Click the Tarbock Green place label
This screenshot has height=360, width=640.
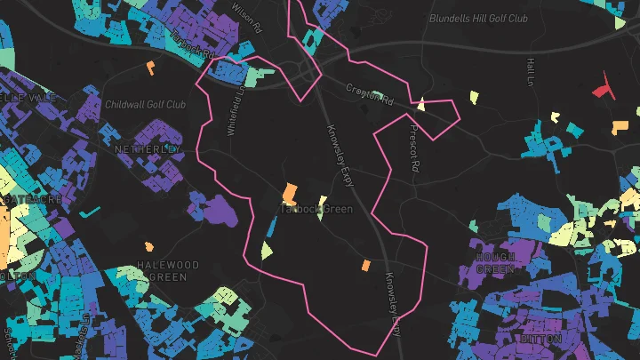(316, 210)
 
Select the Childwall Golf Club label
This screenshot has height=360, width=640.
(146, 105)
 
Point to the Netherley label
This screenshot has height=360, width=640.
(148, 149)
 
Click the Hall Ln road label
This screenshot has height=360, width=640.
(532, 73)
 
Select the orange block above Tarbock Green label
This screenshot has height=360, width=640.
(290, 193)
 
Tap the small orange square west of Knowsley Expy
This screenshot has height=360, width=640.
(365, 265)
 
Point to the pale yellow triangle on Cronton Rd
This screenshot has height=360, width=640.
(421, 105)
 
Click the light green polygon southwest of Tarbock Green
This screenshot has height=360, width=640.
(266, 250)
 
